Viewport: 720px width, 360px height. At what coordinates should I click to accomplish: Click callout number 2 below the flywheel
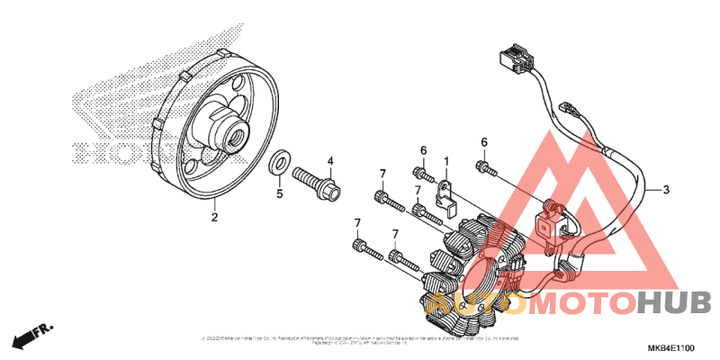point(214,217)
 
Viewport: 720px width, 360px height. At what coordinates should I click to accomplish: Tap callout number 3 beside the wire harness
point(666,190)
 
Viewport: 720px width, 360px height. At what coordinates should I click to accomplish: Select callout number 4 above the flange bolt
point(330,161)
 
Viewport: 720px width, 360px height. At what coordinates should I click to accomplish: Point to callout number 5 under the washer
point(279,193)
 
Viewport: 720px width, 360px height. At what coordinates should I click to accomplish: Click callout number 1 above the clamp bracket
point(445,161)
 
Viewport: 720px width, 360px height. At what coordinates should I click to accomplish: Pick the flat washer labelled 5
point(280,164)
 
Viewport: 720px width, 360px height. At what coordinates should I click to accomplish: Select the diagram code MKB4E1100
point(670,347)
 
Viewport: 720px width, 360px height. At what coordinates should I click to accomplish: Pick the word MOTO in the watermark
point(577,304)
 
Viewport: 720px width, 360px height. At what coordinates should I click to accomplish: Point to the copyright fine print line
point(360,339)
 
